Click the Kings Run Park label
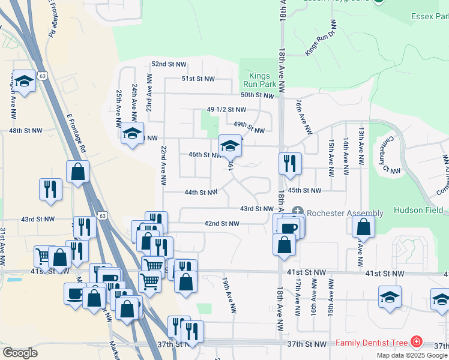tap(260, 80)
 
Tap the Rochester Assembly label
tap(344, 213)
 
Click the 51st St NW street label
tap(197, 79)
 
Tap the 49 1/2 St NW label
tap(226, 110)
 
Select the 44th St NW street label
tap(200, 193)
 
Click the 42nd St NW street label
tap(222, 224)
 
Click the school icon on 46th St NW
tap(230, 145)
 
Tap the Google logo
tap(20, 353)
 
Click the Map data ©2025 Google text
tap(412, 355)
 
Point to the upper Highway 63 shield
tap(41, 76)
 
